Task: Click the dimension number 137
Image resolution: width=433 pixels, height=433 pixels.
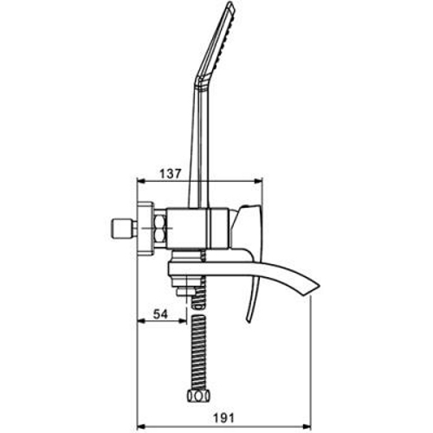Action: (x=171, y=173)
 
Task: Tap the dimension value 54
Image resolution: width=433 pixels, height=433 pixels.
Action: (x=160, y=314)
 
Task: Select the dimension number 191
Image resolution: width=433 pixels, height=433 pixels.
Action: (x=223, y=418)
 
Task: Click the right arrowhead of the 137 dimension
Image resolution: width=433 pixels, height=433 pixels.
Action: (x=258, y=181)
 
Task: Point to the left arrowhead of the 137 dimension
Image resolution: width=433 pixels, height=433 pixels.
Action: (x=141, y=181)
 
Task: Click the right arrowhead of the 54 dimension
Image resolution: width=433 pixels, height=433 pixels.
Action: (x=183, y=320)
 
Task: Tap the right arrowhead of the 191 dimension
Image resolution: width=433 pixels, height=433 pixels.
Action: (x=306, y=426)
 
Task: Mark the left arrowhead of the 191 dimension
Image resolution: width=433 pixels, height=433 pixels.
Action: (x=141, y=426)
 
